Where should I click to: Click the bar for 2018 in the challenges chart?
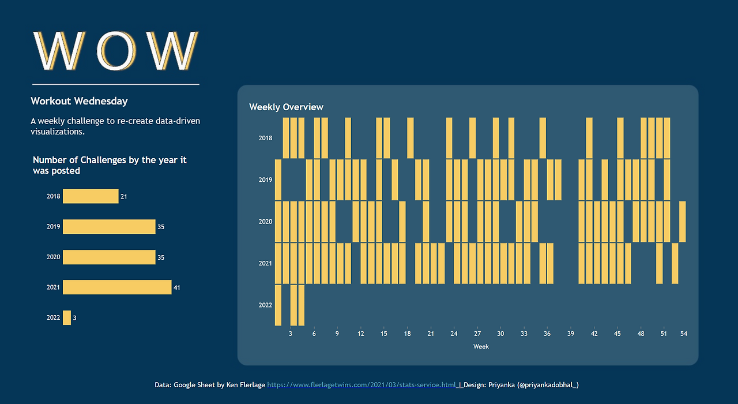pyautogui.click(x=91, y=196)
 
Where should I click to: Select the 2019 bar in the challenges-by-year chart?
pyautogui.click(x=109, y=227)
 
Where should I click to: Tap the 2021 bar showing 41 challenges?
pyautogui.click(x=117, y=287)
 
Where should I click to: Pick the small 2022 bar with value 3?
pyautogui.click(x=67, y=317)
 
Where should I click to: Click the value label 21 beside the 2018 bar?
pyautogui.click(x=124, y=197)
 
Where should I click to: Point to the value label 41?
pyautogui.click(x=177, y=287)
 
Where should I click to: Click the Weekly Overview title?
pyautogui.click(x=286, y=107)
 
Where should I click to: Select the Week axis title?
pyautogui.click(x=481, y=346)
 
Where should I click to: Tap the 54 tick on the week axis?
pyautogui.click(x=683, y=334)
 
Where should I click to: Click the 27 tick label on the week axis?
pyautogui.click(x=477, y=334)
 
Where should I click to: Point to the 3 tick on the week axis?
pyautogui.click(x=291, y=334)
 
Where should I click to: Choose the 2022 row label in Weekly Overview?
pyautogui.click(x=265, y=305)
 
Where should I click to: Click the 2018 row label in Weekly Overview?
pyautogui.click(x=265, y=139)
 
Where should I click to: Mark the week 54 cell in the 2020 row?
pyautogui.click(x=683, y=222)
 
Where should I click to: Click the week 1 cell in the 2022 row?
pyautogui.click(x=278, y=305)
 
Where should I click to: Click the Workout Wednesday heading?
pyautogui.click(x=79, y=101)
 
